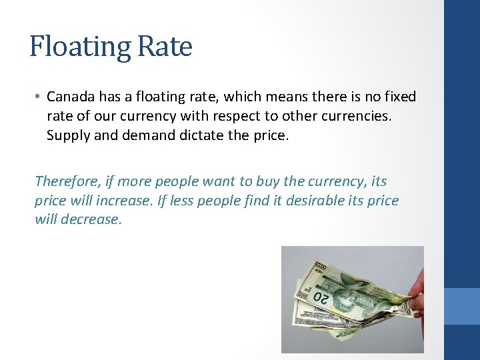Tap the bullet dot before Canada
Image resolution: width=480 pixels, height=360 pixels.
pos(38,97)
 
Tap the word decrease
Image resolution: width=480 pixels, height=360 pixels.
pos(91,219)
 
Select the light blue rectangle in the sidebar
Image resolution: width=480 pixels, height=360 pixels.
pos(462,306)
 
